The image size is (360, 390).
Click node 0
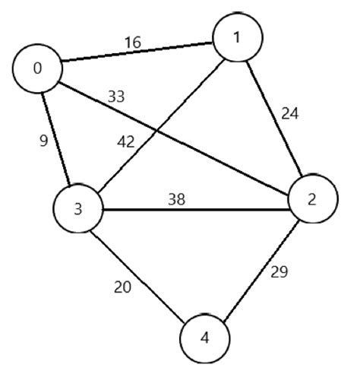coord(37,68)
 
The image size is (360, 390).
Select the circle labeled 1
coord(237,37)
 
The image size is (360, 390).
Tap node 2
coord(311,199)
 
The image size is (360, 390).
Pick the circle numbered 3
coord(78,208)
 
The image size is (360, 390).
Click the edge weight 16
coord(132,43)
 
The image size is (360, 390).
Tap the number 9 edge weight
coord(43,141)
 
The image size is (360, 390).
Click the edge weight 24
coord(289,114)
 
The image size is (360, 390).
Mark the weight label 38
coord(178,200)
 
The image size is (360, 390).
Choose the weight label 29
coord(279,271)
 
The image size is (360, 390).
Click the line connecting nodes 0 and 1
coord(137,53)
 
